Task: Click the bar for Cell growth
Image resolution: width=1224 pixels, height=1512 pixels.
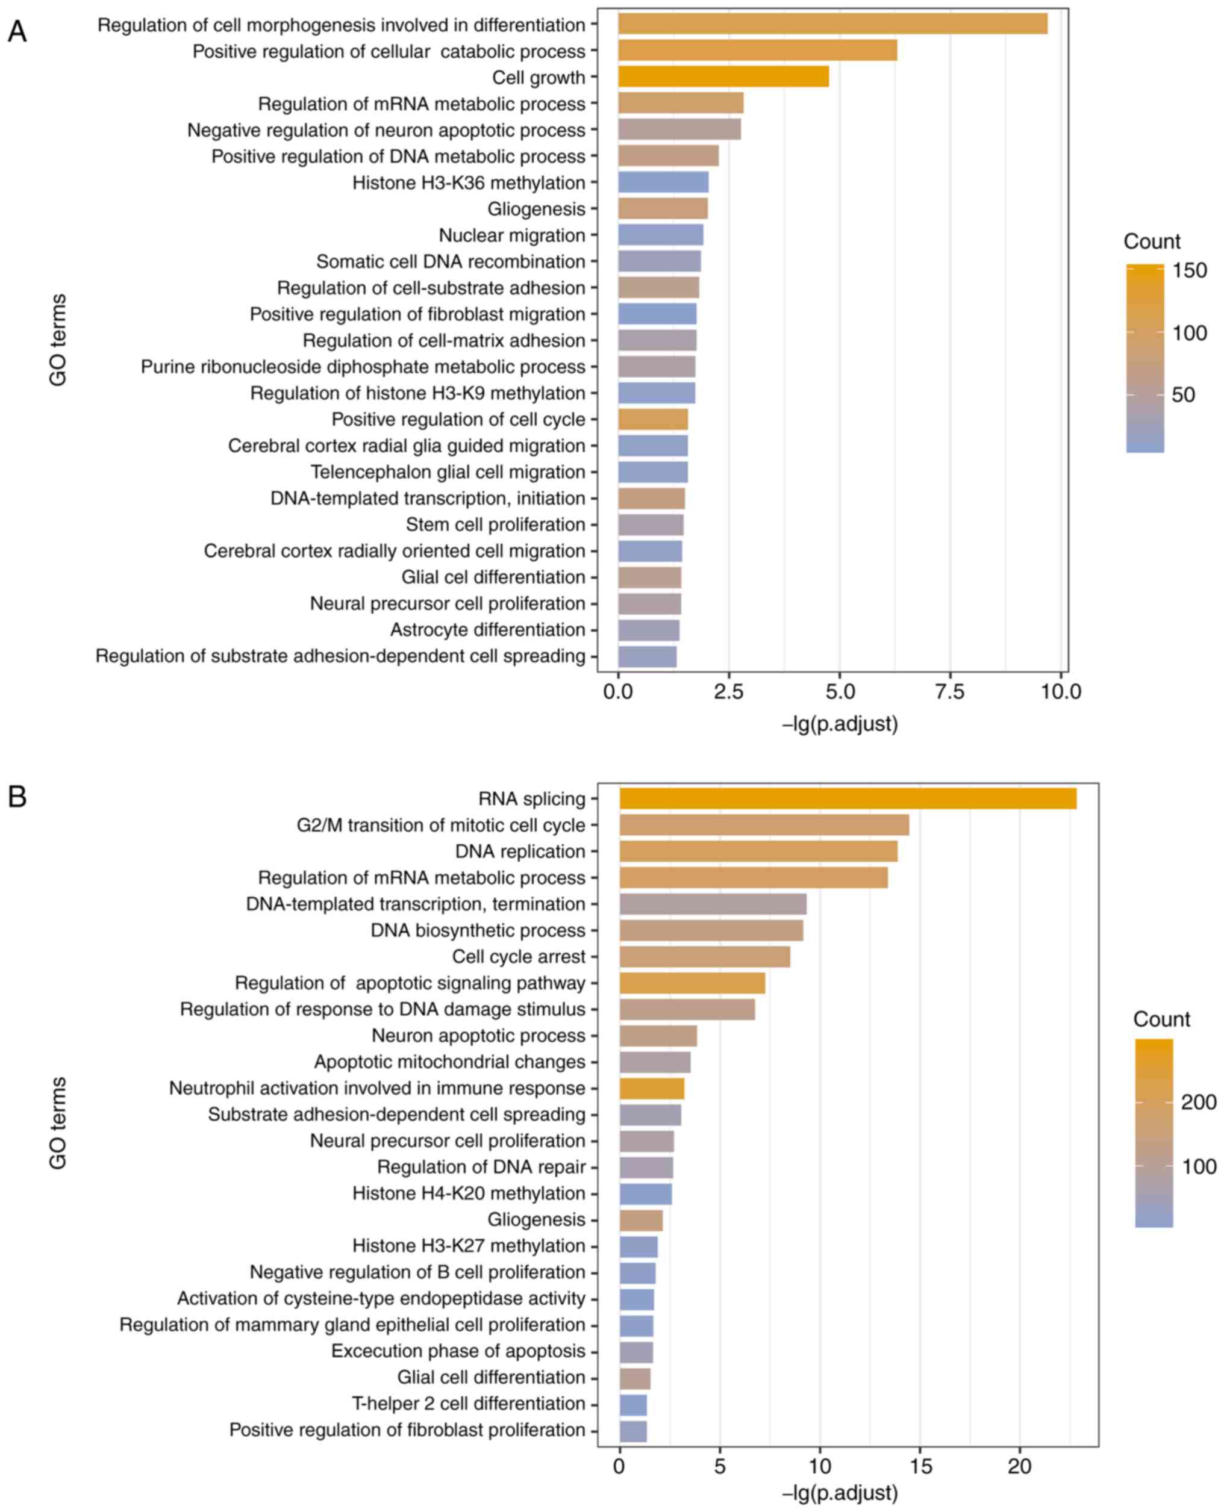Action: (x=723, y=77)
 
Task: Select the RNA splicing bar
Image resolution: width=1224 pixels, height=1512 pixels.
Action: (x=848, y=798)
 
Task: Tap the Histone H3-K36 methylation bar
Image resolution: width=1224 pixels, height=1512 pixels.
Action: (x=663, y=182)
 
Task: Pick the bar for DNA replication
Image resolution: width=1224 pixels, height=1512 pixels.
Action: (x=758, y=851)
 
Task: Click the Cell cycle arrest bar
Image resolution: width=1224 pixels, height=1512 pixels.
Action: (x=704, y=957)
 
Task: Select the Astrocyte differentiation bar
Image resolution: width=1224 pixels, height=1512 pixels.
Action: (x=649, y=629)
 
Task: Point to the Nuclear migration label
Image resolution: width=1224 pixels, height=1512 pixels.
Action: (x=512, y=235)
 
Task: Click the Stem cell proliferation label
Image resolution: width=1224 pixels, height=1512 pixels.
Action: (x=495, y=524)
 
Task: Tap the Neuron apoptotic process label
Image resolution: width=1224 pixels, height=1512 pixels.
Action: (x=478, y=1036)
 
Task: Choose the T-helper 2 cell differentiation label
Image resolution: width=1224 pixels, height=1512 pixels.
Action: (x=468, y=1404)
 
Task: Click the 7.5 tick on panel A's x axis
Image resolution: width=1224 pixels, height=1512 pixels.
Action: (x=950, y=691)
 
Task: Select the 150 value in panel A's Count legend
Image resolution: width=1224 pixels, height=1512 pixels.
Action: (x=1190, y=271)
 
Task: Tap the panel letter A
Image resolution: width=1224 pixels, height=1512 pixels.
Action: (x=17, y=32)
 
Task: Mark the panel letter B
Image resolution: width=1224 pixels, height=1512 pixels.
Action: (x=17, y=797)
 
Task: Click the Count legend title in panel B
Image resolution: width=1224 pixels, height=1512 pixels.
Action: (x=1161, y=1019)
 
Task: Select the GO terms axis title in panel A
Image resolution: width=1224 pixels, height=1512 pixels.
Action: (x=58, y=340)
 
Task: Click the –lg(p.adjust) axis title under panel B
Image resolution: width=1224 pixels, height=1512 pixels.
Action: (x=840, y=1492)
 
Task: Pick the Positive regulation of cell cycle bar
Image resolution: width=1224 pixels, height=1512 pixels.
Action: (x=653, y=420)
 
